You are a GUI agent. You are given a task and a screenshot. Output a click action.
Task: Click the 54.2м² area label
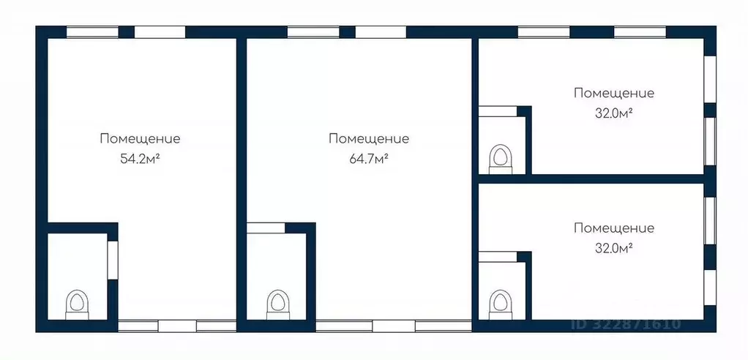[140, 158]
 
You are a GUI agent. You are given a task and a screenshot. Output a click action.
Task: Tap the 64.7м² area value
[368, 158]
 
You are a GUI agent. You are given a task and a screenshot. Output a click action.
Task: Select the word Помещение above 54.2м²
[140, 138]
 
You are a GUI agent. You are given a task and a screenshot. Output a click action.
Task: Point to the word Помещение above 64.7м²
[368, 138]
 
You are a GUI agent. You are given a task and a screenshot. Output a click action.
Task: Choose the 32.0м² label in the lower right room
[613, 248]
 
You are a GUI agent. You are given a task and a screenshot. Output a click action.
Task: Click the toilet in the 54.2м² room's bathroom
[77, 303]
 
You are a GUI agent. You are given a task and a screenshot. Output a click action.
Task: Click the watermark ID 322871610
[625, 324]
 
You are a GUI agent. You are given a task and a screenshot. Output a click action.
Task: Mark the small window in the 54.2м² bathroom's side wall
[113, 259]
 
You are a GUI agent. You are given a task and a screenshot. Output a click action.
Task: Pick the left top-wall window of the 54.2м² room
[92, 32]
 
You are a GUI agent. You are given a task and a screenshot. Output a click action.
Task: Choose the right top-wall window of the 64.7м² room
[381, 32]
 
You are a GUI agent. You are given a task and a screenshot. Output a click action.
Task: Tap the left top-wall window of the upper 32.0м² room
[544, 32]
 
